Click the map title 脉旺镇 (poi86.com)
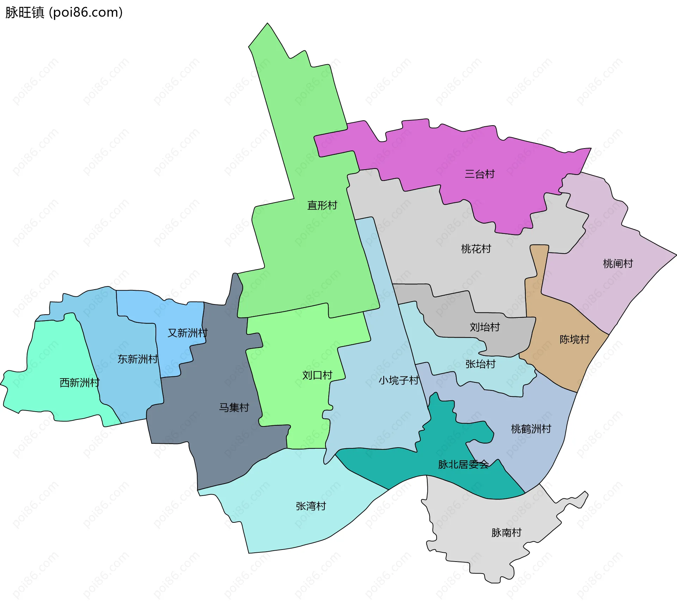(64, 12)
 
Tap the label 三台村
(480, 174)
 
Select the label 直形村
(322, 205)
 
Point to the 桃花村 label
(476, 249)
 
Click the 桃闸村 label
(618, 263)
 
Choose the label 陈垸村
(574, 339)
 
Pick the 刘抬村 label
(484, 327)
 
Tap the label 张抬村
(480, 364)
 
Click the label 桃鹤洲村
(531, 429)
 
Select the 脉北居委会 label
(463, 465)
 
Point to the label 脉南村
(506, 533)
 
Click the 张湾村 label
(311, 506)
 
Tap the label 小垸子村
(398, 380)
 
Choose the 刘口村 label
(317, 375)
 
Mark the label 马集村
(234, 407)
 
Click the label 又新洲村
(187, 333)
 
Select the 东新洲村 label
(138, 359)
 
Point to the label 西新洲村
(79, 382)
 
